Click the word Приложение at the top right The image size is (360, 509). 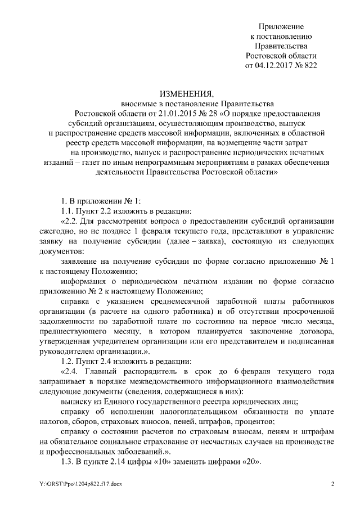[281, 26]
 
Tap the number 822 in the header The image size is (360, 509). [310, 65]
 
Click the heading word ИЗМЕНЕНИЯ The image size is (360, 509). [179, 93]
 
